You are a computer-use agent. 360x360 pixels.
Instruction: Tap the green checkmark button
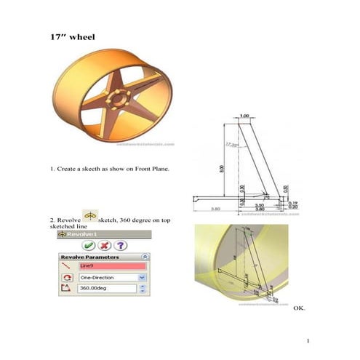(x=87, y=247)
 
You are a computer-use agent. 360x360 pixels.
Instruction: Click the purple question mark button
(x=120, y=247)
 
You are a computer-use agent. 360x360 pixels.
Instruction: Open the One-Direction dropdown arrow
(x=142, y=278)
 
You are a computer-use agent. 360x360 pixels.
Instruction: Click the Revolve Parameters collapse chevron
(x=145, y=257)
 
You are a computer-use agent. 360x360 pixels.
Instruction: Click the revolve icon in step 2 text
(x=90, y=217)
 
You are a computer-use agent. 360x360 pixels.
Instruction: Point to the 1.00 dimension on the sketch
(x=244, y=116)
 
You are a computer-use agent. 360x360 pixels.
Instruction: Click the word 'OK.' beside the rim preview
(x=299, y=308)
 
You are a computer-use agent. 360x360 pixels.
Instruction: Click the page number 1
(x=308, y=340)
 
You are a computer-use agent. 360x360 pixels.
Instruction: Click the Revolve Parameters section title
(x=89, y=257)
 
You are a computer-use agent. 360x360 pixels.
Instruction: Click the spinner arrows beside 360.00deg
(x=142, y=289)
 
